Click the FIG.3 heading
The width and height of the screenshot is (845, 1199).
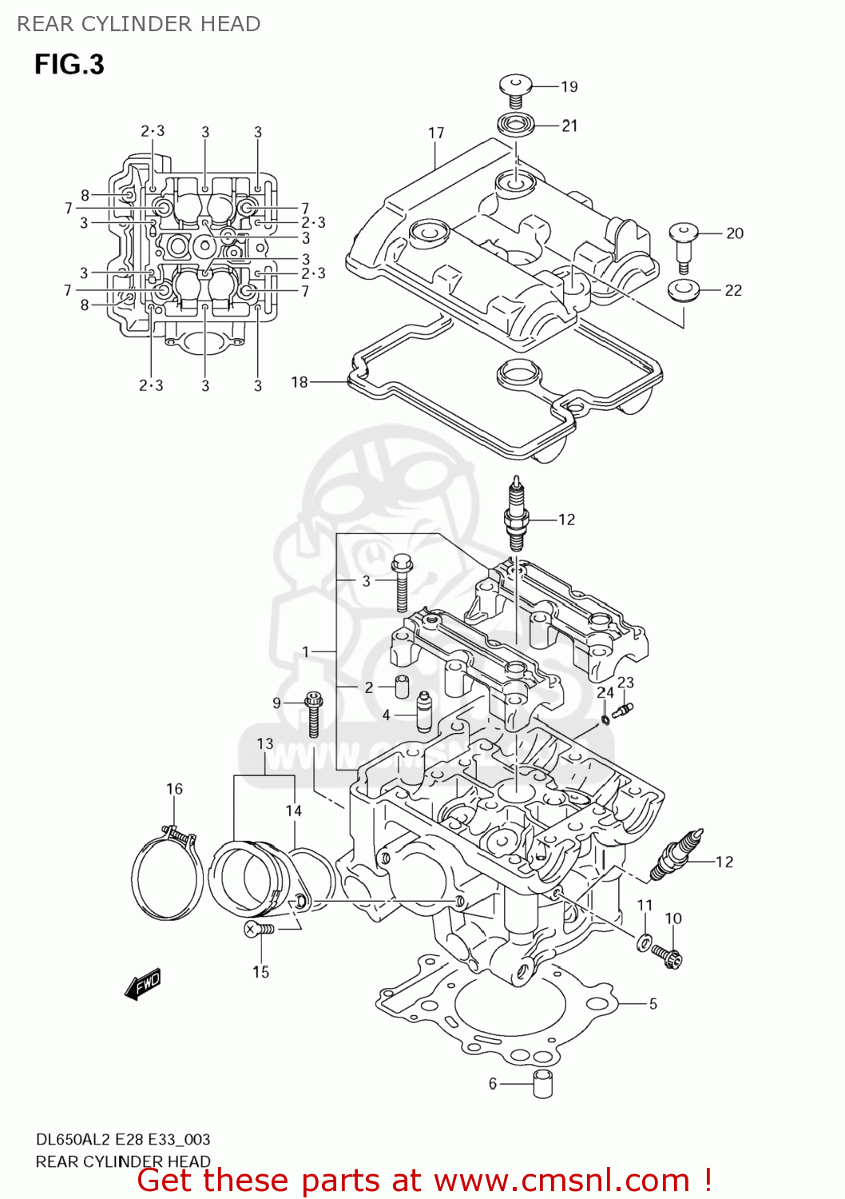[x=69, y=64]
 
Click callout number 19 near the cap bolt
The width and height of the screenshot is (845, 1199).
[x=569, y=86]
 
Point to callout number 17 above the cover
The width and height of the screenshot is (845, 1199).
[x=436, y=133]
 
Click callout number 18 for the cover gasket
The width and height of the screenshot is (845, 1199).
[x=300, y=382]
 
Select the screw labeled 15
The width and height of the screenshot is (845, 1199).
[x=260, y=929]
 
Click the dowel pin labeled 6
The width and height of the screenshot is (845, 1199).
[x=543, y=1084]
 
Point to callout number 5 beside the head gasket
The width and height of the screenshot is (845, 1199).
[x=653, y=1003]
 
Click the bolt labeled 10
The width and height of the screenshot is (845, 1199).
[x=667, y=954]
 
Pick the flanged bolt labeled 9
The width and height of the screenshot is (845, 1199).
[x=314, y=713]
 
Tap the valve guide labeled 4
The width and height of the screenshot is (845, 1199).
[x=424, y=711]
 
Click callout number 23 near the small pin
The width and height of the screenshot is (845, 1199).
[x=625, y=682]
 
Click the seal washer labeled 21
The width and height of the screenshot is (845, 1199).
[x=515, y=125]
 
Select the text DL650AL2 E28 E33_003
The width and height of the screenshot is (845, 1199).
[x=123, y=1139]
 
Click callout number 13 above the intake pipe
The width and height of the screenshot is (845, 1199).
[x=265, y=743]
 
